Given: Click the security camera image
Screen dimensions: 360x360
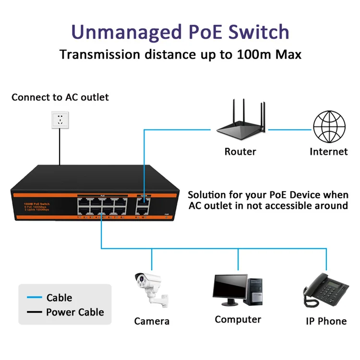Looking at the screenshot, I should [150, 290].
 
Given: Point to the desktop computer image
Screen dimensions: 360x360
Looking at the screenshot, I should [238, 291].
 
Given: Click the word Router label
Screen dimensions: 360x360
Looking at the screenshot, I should [240, 152].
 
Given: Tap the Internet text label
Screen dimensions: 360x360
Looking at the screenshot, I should [329, 152].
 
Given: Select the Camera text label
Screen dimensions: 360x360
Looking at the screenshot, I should [152, 321].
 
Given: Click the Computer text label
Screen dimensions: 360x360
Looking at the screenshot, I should [238, 320].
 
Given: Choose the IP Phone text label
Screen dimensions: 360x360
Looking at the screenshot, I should [326, 321].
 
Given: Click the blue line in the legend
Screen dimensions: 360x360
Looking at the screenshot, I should [34, 298].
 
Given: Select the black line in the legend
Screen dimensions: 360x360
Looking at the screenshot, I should [34, 312].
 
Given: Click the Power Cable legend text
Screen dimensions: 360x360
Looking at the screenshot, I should [75, 312].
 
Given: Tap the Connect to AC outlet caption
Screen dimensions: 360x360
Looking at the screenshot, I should [60, 97].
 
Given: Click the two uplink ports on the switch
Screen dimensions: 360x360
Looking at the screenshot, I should [143, 205].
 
